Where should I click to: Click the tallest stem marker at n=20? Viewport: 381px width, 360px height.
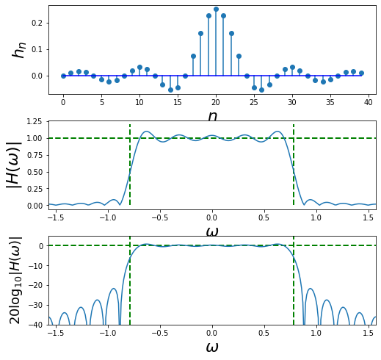pos(216,10)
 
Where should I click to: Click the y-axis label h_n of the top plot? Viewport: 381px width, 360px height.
pos(20,49)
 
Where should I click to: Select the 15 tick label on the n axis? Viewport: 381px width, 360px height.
pos(178,101)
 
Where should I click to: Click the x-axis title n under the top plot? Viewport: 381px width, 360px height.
pos(212,116)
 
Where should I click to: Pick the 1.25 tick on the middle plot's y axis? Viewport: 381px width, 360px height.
pos(32,121)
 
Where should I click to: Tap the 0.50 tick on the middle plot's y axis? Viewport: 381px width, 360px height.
pos(32,172)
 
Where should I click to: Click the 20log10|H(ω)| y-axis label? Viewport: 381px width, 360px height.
pos(15,280)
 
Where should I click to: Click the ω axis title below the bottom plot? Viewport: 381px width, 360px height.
pos(212,348)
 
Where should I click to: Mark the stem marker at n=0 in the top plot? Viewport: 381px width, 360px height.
pos(63,76)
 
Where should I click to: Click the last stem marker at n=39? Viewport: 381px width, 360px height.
pos(361,73)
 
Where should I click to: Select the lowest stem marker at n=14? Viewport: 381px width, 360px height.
pos(170,90)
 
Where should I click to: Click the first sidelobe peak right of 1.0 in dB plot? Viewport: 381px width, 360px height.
pos(311,289)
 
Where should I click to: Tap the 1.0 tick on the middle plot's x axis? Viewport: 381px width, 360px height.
pos(316,217)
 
